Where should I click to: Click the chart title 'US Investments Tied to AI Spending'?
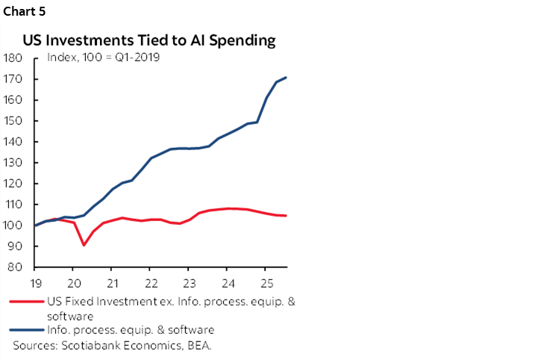(x=149, y=41)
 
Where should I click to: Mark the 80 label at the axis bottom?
(x=15, y=267)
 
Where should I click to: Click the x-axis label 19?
(x=34, y=283)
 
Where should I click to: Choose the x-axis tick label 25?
(x=265, y=283)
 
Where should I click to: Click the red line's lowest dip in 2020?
(x=84, y=245)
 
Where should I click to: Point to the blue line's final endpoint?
(x=287, y=78)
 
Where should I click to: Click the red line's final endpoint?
(x=287, y=216)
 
